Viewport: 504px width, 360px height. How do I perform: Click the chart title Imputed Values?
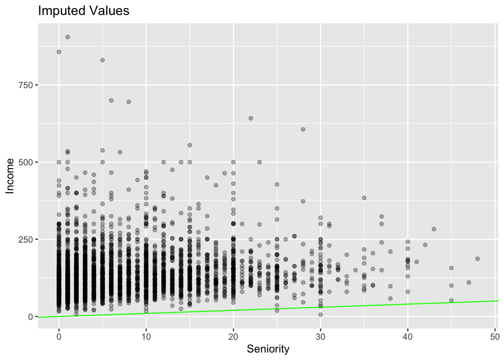84,11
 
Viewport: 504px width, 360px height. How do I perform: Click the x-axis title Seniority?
268,349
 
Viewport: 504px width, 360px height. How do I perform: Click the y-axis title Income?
10,176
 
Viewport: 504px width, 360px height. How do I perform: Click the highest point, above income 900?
67,37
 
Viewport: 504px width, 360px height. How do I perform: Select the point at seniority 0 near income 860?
59,52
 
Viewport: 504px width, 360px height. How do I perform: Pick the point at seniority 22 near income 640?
251,118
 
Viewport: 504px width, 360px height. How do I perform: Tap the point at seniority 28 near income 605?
303,129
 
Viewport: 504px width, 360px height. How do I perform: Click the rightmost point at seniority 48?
477,259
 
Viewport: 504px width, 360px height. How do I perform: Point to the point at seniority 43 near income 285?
434,229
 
